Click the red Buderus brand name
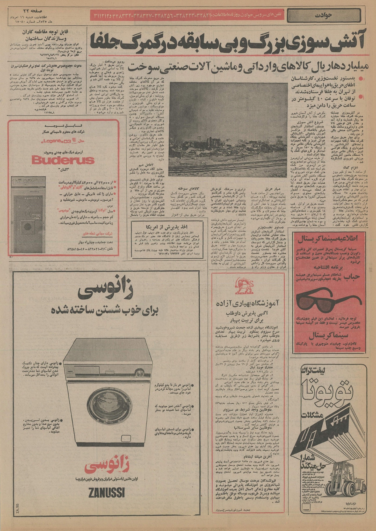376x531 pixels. pyautogui.click(x=63, y=161)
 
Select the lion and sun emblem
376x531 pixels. pyautogui.click(x=243, y=285)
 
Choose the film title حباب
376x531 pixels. pyautogui.click(x=356, y=277)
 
